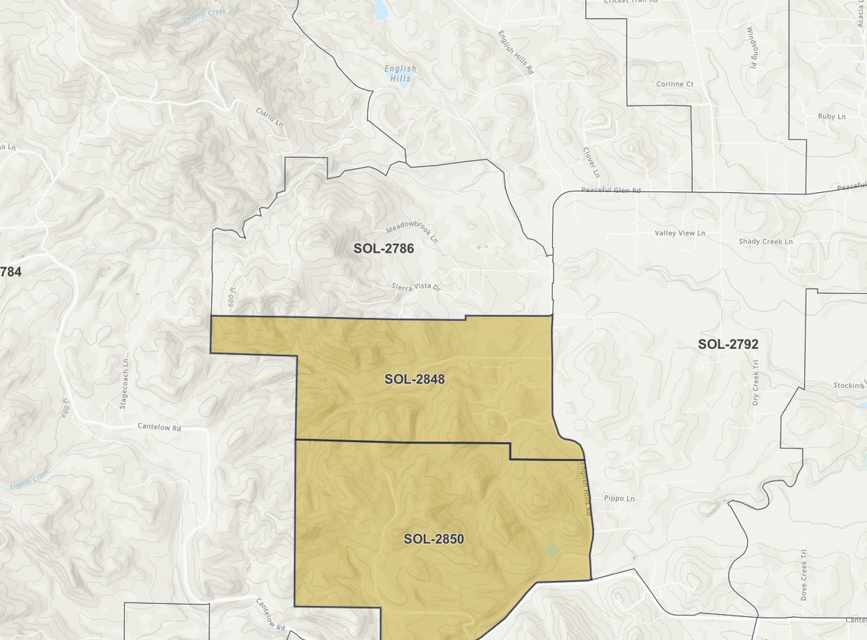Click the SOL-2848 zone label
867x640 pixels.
pos(414,379)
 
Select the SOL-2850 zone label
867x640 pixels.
pos(433,538)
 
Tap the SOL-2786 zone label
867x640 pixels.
pos(384,248)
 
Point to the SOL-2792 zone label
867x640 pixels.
pos(728,344)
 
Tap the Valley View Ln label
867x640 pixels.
pos(680,233)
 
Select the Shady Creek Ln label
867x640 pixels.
pos(765,241)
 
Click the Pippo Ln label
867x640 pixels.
pos(619,498)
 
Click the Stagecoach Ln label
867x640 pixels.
pos(124,383)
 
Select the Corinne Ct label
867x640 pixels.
pos(674,84)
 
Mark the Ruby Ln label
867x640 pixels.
pos(831,116)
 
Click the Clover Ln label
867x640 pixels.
pos(591,163)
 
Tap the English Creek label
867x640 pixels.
pos(30,480)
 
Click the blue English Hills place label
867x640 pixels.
pos(400,74)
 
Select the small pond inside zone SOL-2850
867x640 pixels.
pos(552,550)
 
